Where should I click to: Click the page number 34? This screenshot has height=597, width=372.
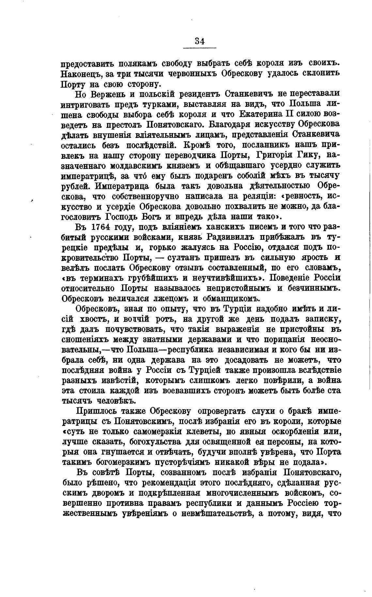[x=199, y=41]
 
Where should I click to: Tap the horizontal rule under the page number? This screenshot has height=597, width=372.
[x=199, y=49]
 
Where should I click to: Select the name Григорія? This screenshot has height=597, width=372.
[x=279, y=155]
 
